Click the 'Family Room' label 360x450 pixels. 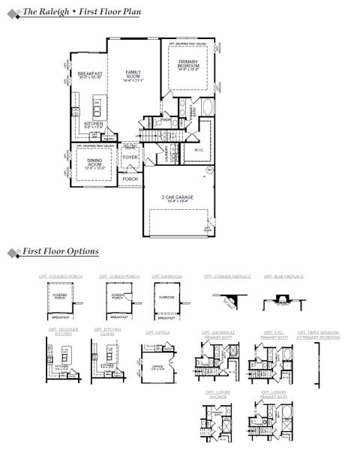click(133, 72)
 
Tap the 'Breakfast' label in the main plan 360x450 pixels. click(89, 73)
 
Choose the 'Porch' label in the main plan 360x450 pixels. click(130, 179)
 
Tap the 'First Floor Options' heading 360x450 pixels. click(61, 252)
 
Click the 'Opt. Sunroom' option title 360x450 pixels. click(166, 277)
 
